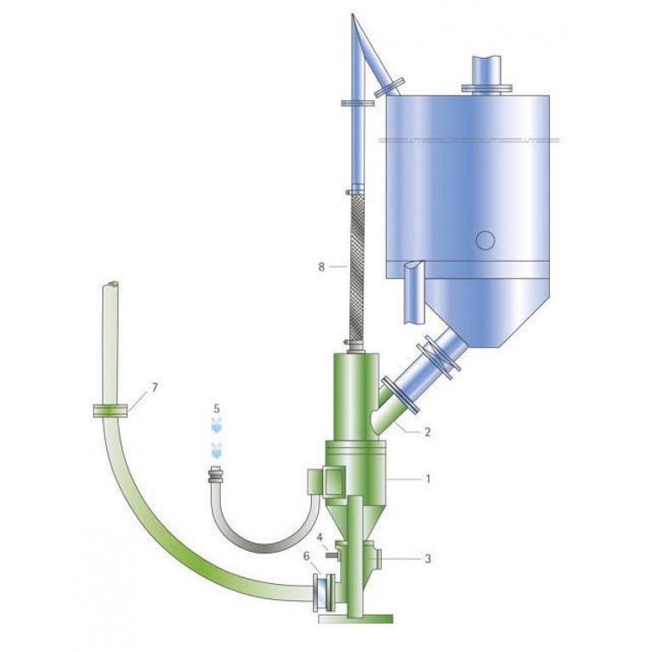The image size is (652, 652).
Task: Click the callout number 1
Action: pyautogui.click(x=428, y=479)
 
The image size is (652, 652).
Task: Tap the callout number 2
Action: pyautogui.click(x=428, y=432)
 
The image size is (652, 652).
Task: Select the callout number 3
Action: pyautogui.click(x=428, y=558)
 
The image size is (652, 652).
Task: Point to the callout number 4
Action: pyautogui.click(x=320, y=537)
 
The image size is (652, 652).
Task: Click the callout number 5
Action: pyautogui.click(x=217, y=409)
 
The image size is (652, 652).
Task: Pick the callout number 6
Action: pyautogui.click(x=307, y=556)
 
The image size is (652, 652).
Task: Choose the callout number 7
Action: pyautogui.click(x=155, y=388)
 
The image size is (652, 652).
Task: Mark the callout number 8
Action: pyautogui.click(x=321, y=267)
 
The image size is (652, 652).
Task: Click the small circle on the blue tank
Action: pyautogui.click(x=485, y=241)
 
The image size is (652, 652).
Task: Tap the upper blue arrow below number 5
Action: pyautogui.click(x=217, y=425)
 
